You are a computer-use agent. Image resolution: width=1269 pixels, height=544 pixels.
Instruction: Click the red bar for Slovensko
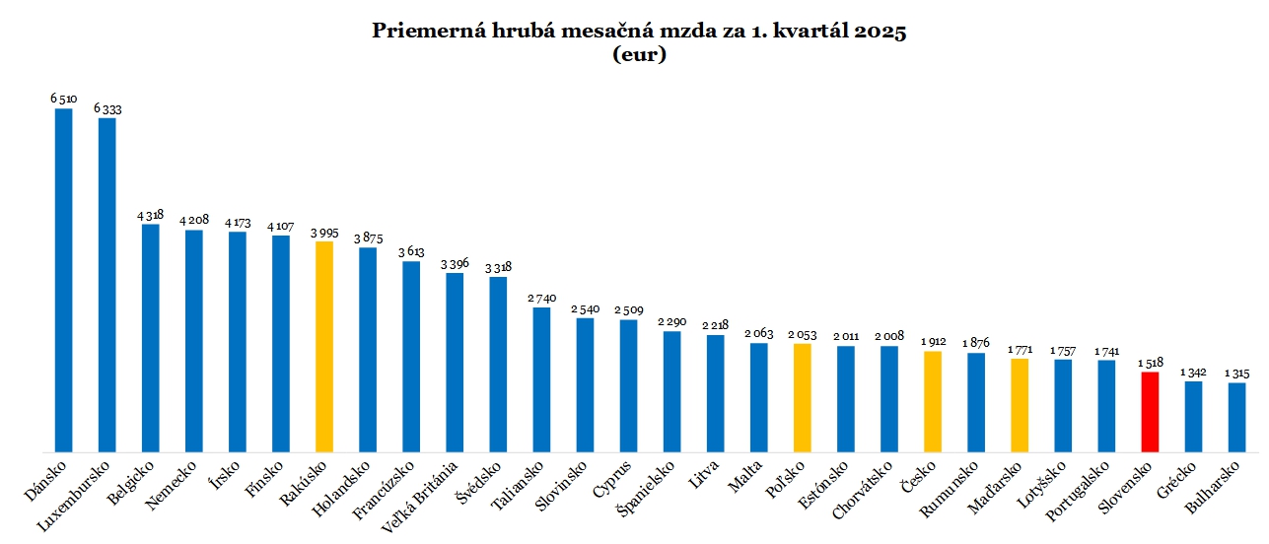[x=1150, y=412]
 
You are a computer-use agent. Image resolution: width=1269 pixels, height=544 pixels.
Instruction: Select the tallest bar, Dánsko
[x=63, y=280]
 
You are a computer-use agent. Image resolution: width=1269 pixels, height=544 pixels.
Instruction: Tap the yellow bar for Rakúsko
[x=324, y=347]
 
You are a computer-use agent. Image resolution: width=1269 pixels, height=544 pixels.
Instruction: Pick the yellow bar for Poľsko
[x=803, y=398]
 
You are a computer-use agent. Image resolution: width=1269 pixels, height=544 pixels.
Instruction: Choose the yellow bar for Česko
[x=933, y=402]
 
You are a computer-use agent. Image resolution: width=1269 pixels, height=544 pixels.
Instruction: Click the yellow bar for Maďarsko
[x=1020, y=405]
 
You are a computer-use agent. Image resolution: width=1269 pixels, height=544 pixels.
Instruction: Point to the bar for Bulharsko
[x=1236, y=417]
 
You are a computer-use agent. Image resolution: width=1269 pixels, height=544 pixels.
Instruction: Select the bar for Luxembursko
[x=107, y=285]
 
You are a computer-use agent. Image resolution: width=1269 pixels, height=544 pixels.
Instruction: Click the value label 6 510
[x=64, y=99]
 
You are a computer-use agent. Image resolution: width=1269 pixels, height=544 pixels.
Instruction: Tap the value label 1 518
[x=1149, y=363]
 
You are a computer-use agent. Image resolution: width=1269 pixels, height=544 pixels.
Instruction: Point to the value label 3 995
[x=324, y=232]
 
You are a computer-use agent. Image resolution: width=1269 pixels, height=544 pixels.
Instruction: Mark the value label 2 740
[x=541, y=298]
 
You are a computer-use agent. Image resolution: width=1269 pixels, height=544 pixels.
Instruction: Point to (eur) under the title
[x=639, y=55]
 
